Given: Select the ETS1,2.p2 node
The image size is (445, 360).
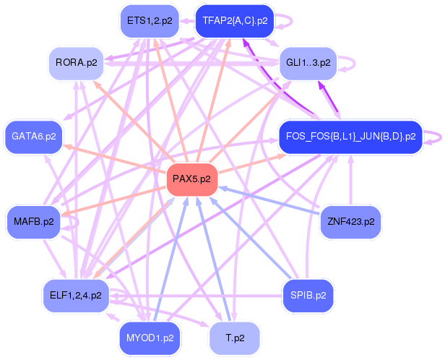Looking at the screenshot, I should click(149, 21).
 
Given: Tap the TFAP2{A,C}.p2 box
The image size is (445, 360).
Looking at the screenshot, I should click(235, 21).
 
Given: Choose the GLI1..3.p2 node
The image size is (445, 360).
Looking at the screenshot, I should click(308, 63).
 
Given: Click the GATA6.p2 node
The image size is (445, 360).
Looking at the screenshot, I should click(34, 135).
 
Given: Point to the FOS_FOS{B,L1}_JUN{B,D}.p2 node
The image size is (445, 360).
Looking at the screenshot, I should click(350, 136).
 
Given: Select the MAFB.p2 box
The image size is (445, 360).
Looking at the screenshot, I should click(34, 221).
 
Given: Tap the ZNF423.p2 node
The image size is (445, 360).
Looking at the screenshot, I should click(350, 221).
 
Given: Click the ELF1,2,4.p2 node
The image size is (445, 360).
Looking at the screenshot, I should click(76, 295).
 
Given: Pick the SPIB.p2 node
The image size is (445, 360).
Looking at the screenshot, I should click(308, 295).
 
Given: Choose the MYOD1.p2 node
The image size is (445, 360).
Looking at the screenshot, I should click(150, 337).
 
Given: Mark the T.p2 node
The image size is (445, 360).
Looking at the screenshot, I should click(235, 338).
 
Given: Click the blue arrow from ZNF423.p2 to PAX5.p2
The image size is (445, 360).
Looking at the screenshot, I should click(271, 200).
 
